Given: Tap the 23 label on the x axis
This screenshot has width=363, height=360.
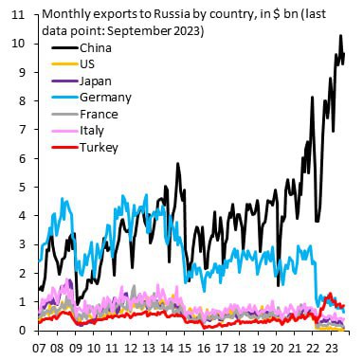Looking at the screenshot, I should point(345,346).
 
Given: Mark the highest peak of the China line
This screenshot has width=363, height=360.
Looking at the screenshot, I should point(340,36).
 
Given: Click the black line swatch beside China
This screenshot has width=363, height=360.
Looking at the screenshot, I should point(60,47).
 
